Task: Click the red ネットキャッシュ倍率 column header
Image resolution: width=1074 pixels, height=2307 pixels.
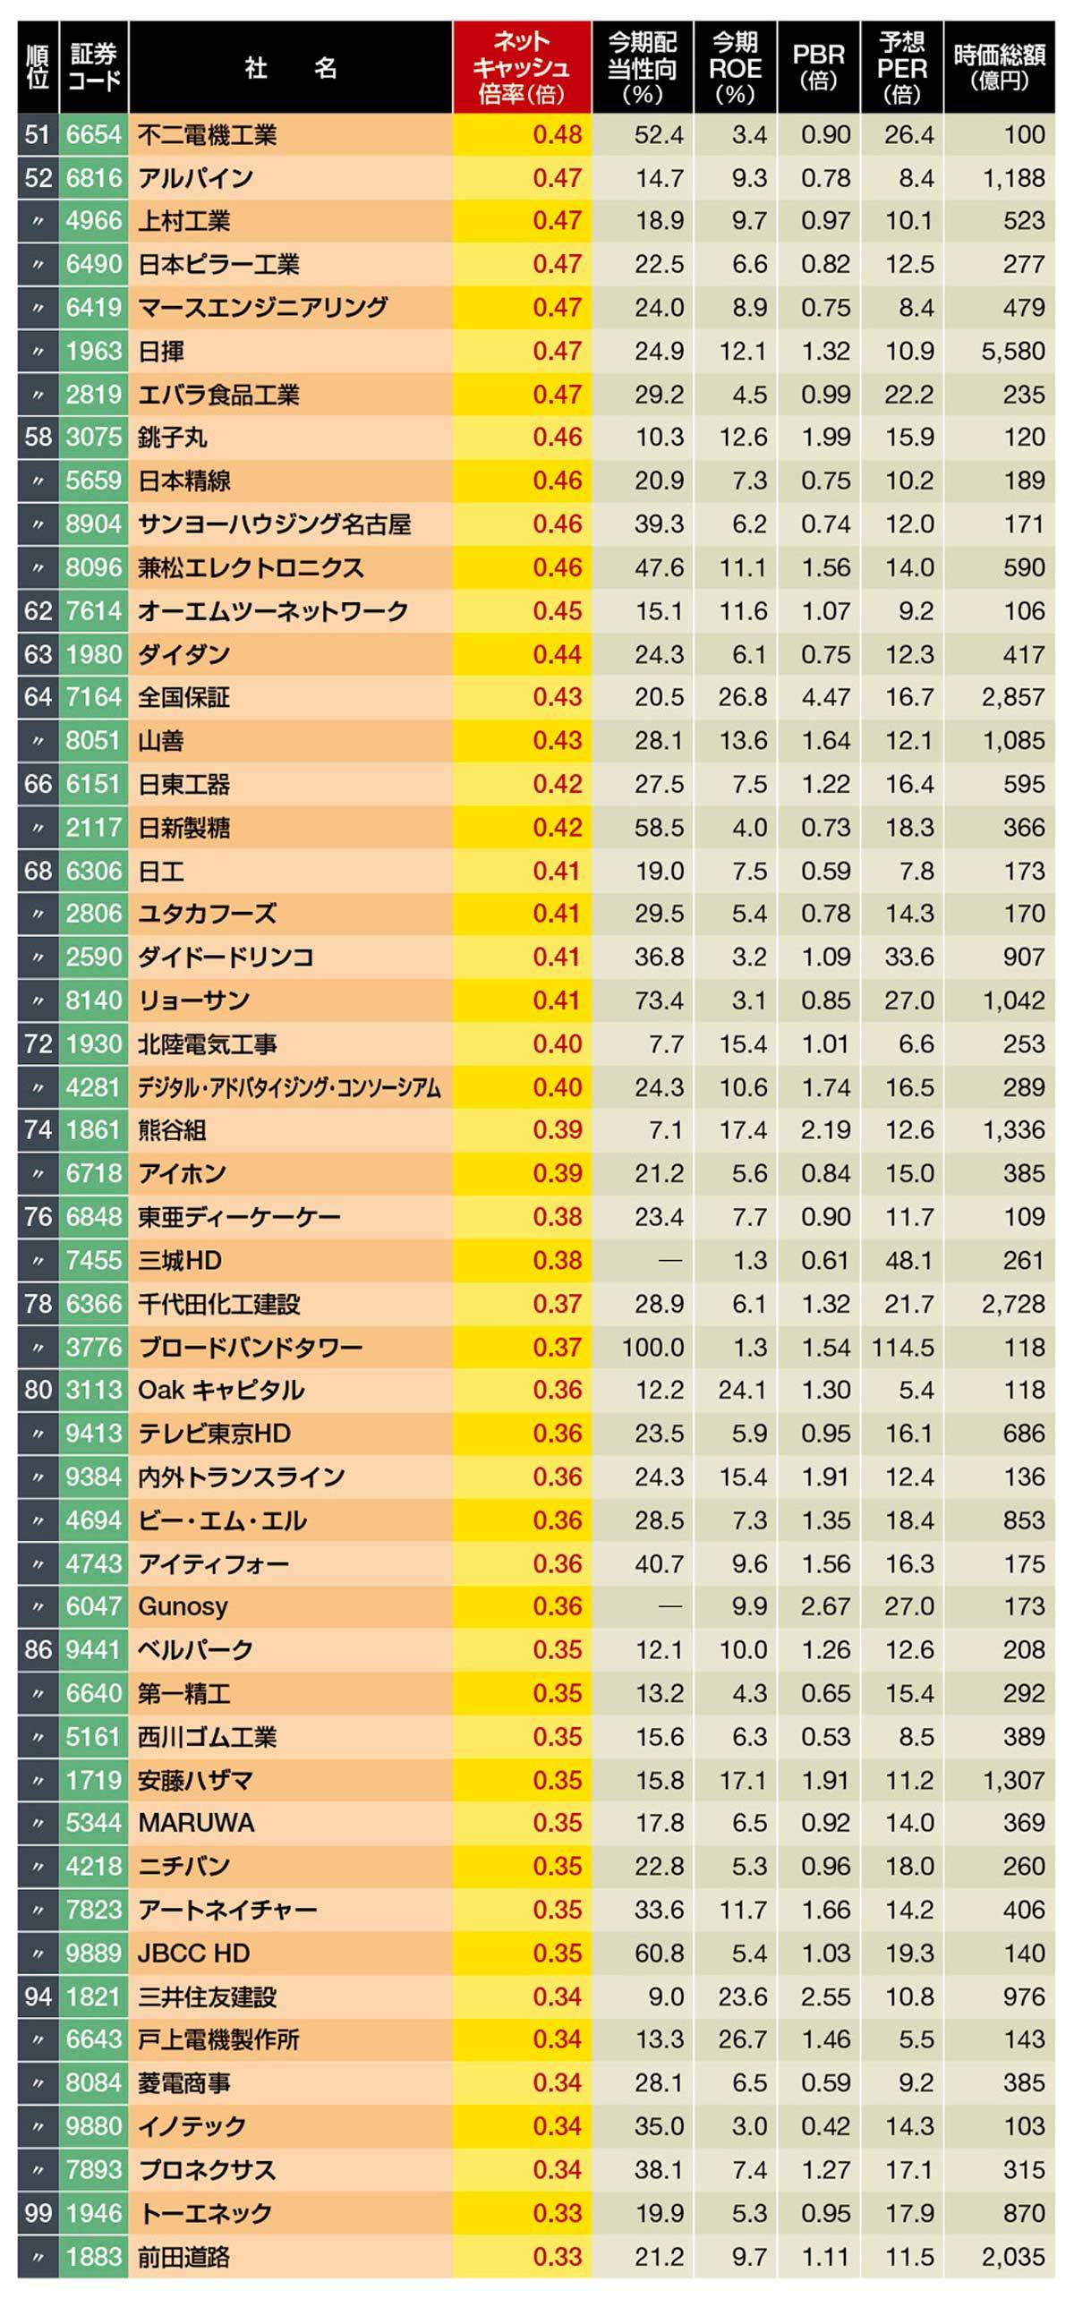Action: (521, 68)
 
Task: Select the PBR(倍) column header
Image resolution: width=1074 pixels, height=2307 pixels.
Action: (819, 68)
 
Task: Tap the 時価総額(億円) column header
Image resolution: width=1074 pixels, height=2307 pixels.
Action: (999, 68)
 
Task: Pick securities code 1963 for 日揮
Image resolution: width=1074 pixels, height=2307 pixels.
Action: (93, 351)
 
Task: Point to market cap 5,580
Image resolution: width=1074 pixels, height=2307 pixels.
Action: (1012, 351)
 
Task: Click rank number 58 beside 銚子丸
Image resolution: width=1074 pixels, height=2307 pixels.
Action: (38, 437)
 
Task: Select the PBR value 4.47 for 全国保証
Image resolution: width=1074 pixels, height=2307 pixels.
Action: (825, 697)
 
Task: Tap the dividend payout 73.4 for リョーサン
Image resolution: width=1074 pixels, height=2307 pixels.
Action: (659, 1000)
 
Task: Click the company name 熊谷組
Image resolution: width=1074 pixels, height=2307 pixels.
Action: (172, 1130)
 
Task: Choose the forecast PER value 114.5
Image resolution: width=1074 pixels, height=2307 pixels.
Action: (902, 1347)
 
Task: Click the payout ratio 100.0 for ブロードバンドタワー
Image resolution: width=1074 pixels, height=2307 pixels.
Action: (653, 1347)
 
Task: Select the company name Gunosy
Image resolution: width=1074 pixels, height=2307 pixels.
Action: (183, 1606)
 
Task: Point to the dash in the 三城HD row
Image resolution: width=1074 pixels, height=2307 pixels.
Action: (670, 1261)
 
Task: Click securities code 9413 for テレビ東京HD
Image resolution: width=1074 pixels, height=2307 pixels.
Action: (93, 1434)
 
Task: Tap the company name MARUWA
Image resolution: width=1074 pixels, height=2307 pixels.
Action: (196, 1824)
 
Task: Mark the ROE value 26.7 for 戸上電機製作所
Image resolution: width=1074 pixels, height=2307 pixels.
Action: (742, 2039)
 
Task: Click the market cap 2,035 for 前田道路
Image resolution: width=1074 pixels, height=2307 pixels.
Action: (1012, 2257)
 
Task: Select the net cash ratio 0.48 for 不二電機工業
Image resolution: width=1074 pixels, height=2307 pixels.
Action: (557, 134)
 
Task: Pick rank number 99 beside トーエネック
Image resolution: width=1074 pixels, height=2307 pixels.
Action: (38, 2213)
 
